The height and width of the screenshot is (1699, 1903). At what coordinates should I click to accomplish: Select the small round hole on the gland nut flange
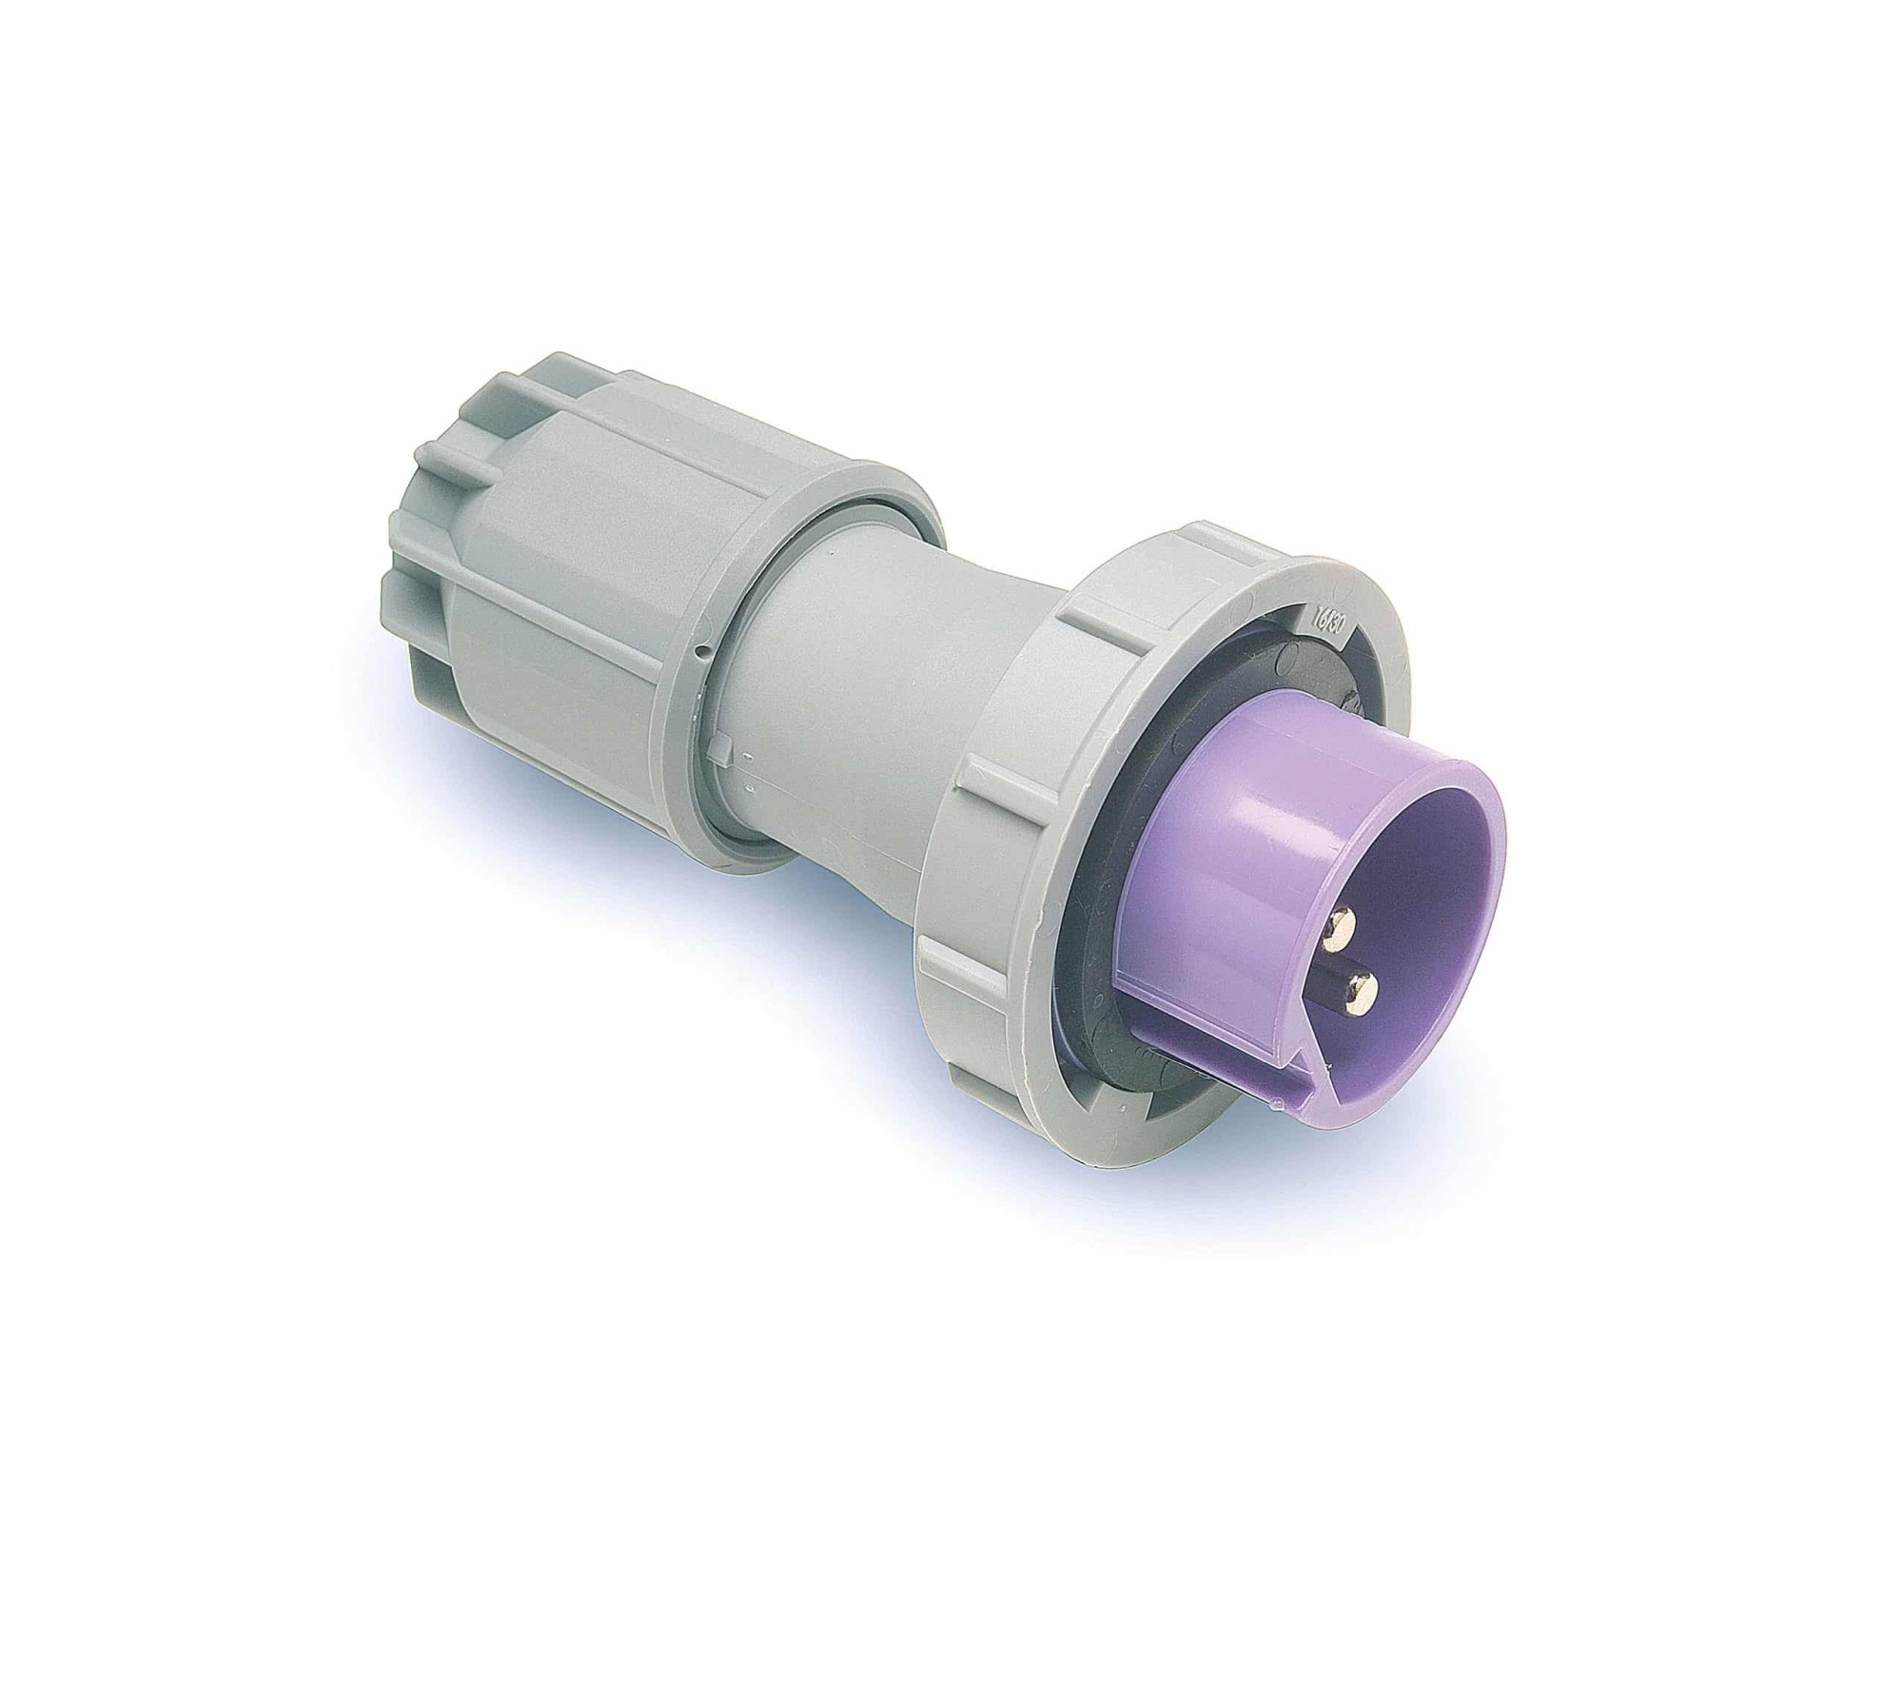point(700,651)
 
